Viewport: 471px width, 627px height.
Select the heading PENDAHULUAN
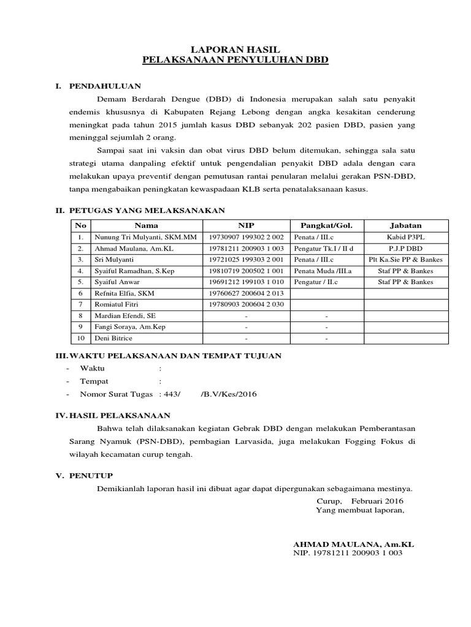(105, 86)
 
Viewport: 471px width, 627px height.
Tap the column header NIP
(245, 226)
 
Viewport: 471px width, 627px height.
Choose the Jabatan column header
(405, 226)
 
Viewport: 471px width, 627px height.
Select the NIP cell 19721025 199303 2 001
(246, 260)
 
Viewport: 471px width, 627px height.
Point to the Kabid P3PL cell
(405, 237)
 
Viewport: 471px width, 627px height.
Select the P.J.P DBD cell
(405, 249)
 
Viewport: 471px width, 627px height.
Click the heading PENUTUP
(91, 476)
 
